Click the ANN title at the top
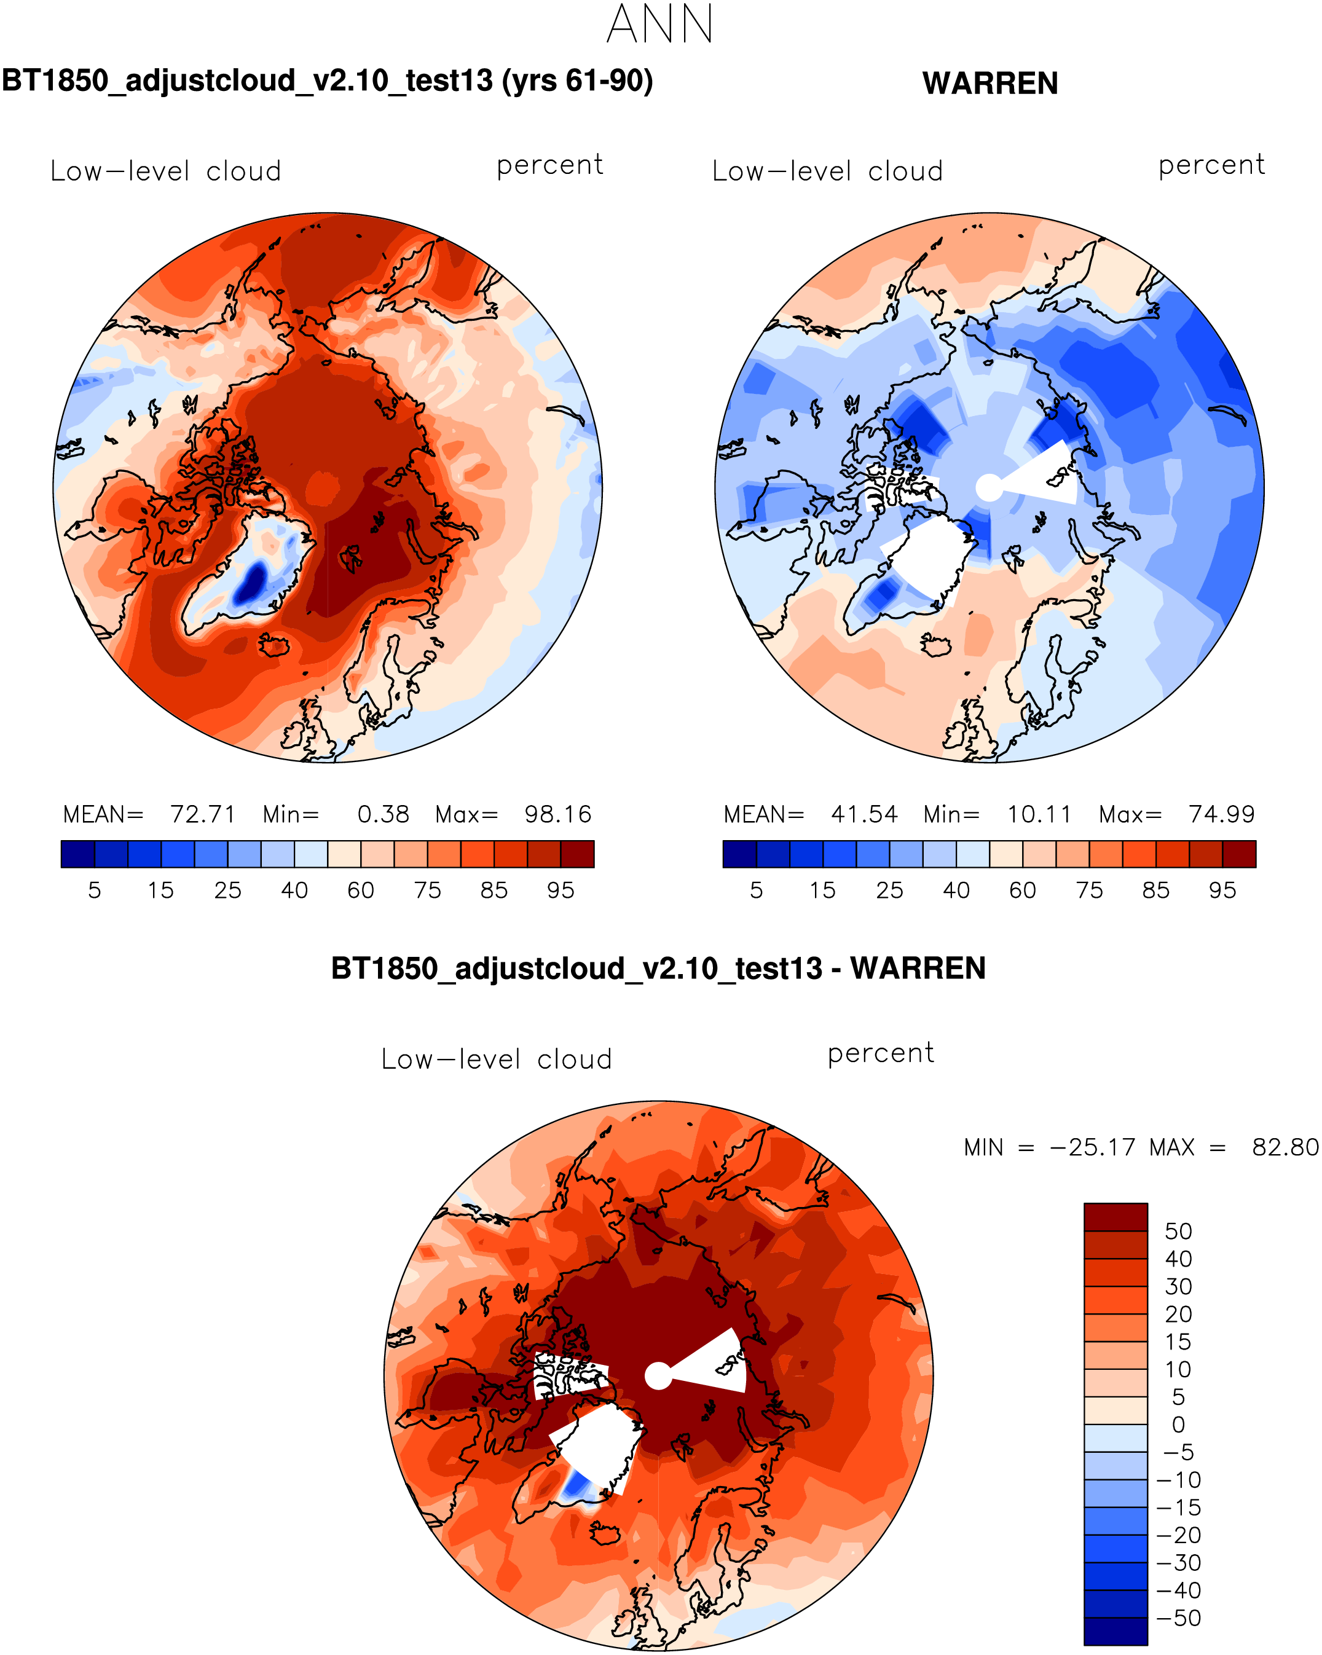click(660, 25)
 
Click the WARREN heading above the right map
click(990, 84)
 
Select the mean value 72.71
click(202, 814)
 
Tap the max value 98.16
click(558, 814)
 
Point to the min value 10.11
click(1039, 814)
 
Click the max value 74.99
click(1221, 814)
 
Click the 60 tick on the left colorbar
click(361, 890)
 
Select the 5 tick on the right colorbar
click(756, 890)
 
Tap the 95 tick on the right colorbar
click(1222, 890)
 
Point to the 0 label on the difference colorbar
click(1178, 1424)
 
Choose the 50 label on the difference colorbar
click(1178, 1232)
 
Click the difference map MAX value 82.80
click(1285, 1147)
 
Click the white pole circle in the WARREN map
click(990, 487)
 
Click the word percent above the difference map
click(881, 1053)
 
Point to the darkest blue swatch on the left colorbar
click(77, 854)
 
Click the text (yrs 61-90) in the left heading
click(577, 81)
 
